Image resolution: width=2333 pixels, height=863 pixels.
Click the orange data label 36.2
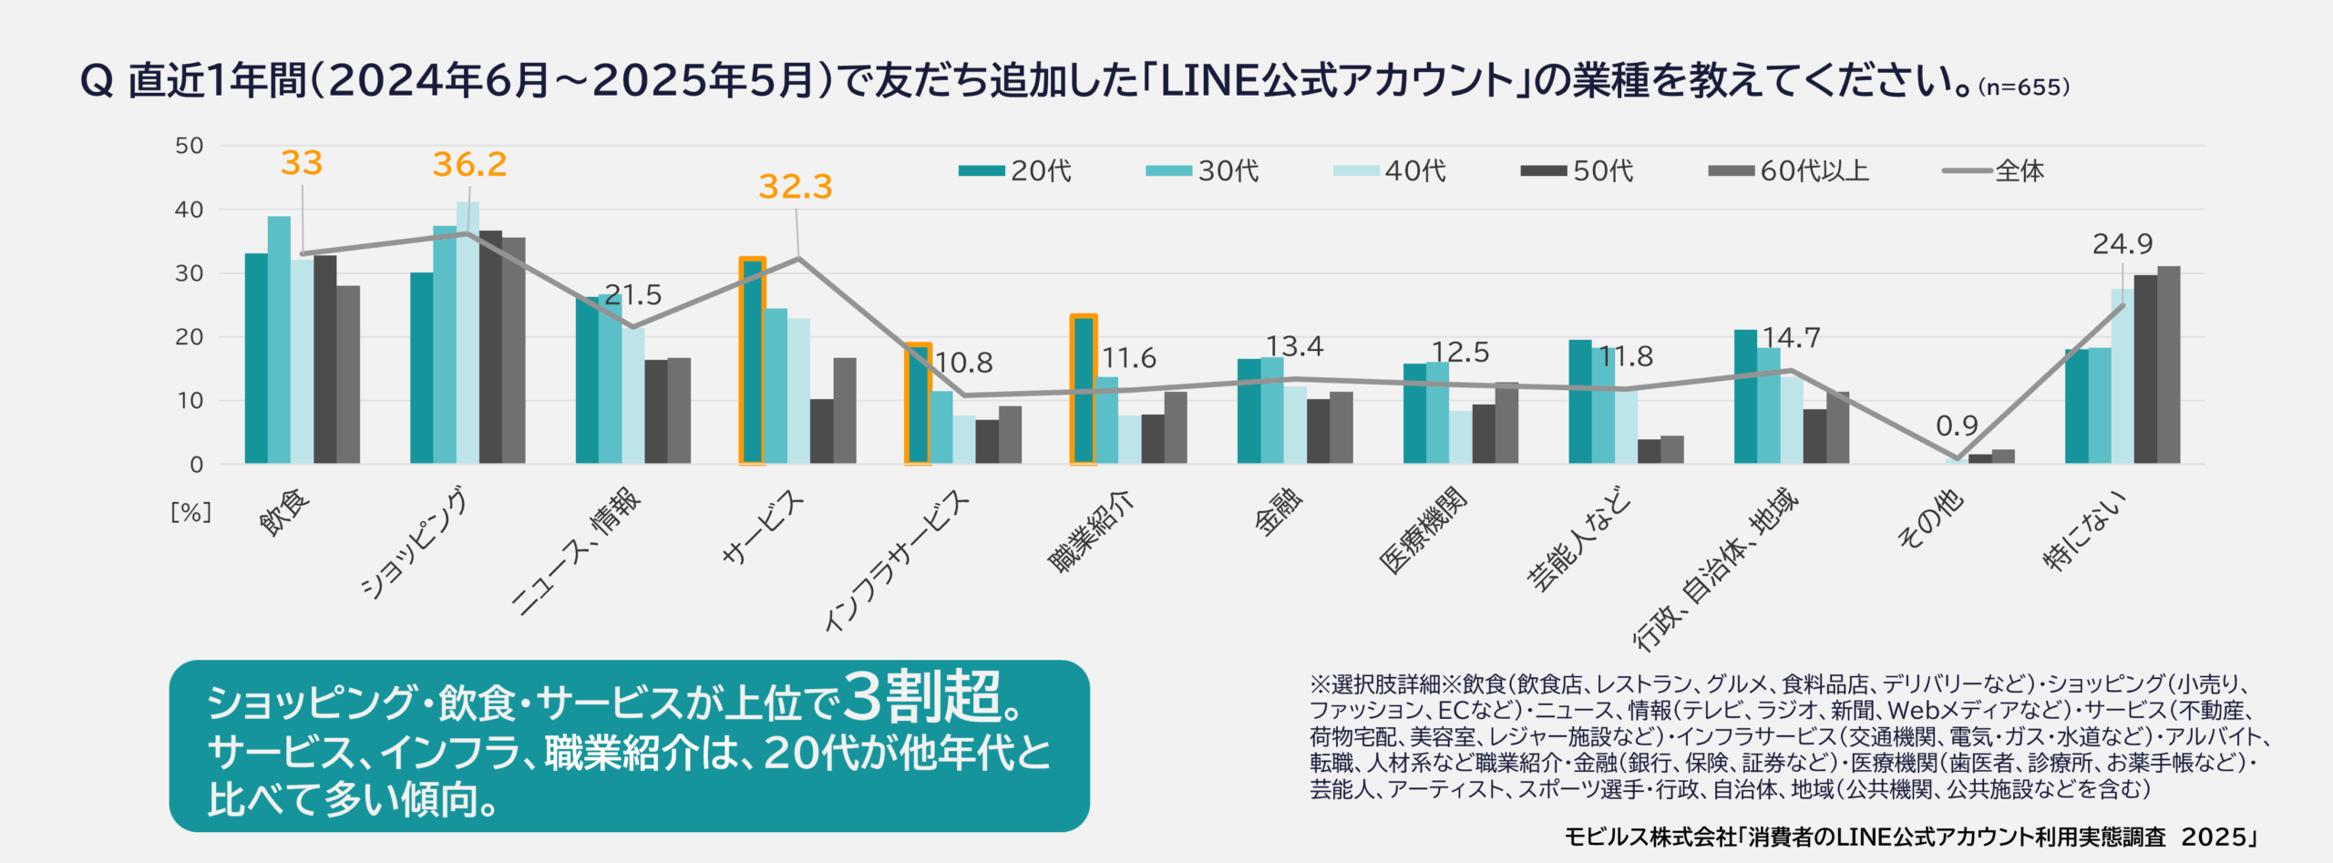pos(469,165)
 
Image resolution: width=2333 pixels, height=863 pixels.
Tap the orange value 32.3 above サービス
pos(796,187)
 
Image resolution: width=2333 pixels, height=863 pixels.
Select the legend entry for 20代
pos(1016,170)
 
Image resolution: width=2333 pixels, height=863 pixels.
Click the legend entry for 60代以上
pos(1789,170)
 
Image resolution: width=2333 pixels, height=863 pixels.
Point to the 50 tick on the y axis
pos(190,146)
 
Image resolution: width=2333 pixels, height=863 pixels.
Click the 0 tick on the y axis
pos(197,465)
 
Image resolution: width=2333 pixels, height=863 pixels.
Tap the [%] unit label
pos(191,512)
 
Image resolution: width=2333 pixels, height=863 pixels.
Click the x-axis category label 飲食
pos(284,512)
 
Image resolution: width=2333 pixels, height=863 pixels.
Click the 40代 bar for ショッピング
pos(468,333)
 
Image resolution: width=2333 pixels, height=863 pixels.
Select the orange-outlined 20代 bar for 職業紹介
pos(1084,390)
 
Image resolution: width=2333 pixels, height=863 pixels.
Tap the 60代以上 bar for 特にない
pos(2169,365)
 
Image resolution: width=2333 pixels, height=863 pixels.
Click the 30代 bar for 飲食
pos(279,340)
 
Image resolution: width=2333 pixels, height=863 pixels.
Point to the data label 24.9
pos(2122,244)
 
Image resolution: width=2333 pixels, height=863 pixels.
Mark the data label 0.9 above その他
pos(1957,426)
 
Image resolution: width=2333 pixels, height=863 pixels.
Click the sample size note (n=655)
pos(2024,87)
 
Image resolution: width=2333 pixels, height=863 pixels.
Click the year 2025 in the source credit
pos(2215,837)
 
